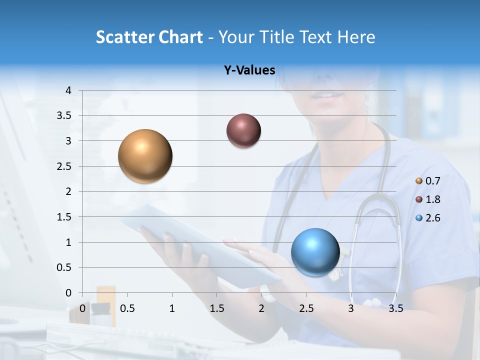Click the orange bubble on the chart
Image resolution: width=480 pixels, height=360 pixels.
[145, 156]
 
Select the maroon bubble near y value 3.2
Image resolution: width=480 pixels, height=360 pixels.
[243, 130]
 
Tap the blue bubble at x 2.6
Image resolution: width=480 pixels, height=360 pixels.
[315, 252]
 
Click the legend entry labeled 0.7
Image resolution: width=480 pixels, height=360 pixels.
[428, 180]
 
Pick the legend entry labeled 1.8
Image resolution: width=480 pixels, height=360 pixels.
[428, 199]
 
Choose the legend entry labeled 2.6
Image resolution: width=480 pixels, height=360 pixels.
[428, 218]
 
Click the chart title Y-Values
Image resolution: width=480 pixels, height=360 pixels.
[249, 70]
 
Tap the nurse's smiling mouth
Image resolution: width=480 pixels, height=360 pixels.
[328, 95]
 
